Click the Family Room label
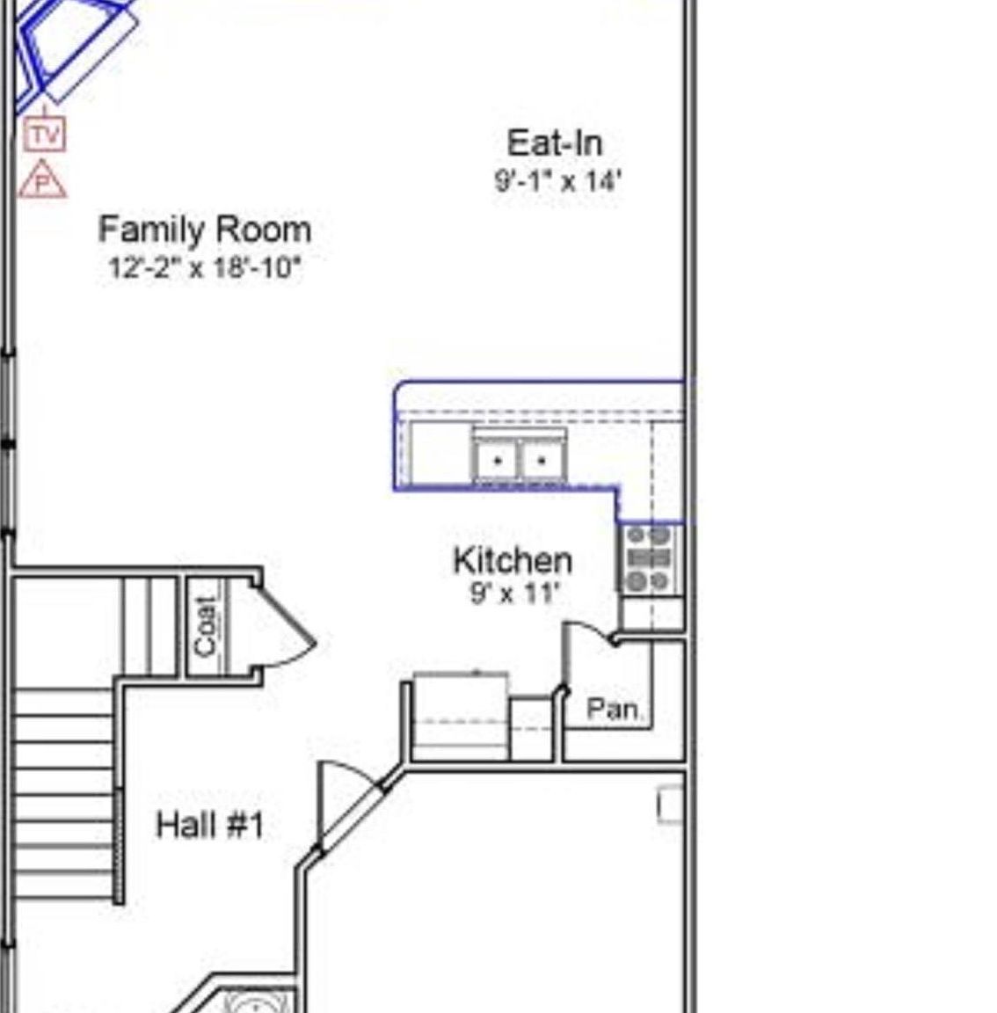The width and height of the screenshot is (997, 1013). click(x=204, y=230)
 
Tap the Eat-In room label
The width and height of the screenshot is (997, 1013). click(x=555, y=143)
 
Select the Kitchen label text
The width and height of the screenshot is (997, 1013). click(x=513, y=560)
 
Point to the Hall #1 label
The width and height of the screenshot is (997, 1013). click(x=209, y=825)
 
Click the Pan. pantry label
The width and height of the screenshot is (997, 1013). click(x=613, y=708)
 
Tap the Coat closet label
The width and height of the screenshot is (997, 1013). click(x=206, y=625)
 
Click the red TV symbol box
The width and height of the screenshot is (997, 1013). click(x=45, y=135)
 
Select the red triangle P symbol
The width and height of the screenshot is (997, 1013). click(x=42, y=181)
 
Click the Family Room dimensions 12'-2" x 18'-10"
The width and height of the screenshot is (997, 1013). click(x=204, y=267)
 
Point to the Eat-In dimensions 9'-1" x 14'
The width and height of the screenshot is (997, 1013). click(x=558, y=181)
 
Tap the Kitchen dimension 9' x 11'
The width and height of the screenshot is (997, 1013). click(x=514, y=594)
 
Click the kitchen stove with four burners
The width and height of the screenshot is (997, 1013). click(x=650, y=558)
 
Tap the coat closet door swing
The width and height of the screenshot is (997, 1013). click(x=286, y=626)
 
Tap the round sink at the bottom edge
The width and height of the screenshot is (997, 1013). click(x=257, y=1002)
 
